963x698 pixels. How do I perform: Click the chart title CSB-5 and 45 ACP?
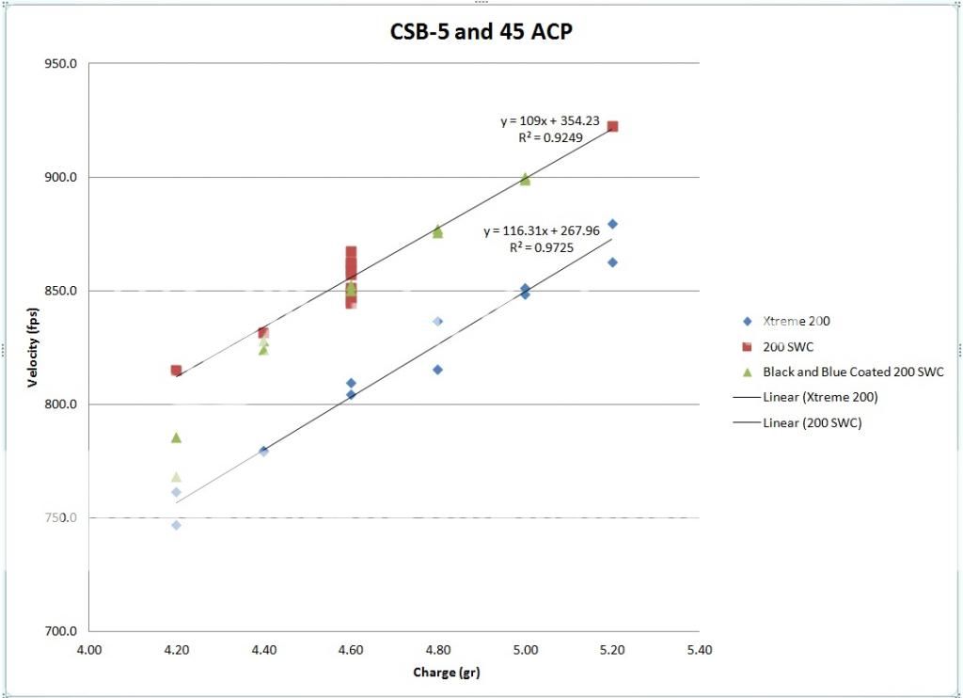(x=481, y=32)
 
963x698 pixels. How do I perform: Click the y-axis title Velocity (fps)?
(x=33, y=347)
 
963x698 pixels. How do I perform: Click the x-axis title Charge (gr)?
(x=447, y=672)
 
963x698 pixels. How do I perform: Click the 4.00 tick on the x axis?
(x=89, y=649)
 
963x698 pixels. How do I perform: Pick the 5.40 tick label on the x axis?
(x=700, y=649)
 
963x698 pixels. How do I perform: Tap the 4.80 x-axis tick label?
(x=437, y=649)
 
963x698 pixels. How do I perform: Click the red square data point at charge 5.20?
(x=612, y=126)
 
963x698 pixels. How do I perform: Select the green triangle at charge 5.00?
(x=525, y=179)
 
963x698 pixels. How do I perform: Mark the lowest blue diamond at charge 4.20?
(x=176, y=525)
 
